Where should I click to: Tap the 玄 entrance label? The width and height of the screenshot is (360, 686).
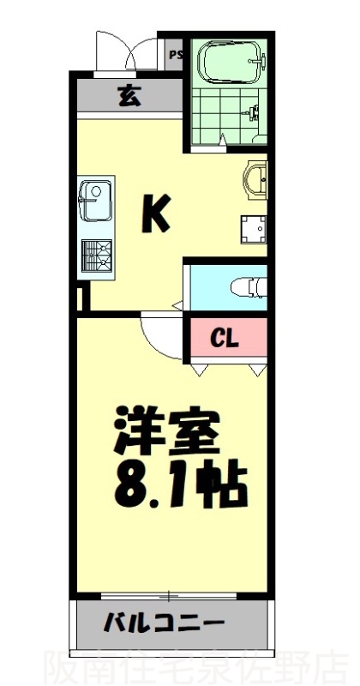129,96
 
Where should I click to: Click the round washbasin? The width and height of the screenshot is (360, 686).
255,182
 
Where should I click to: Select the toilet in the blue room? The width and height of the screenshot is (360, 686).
249,287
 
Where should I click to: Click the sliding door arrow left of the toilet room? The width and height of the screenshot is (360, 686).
177,304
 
